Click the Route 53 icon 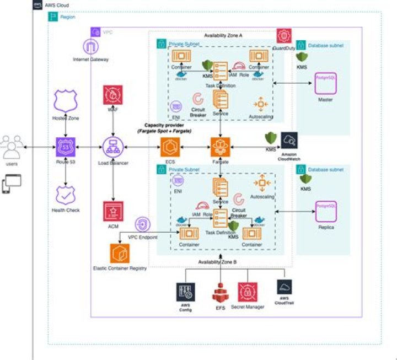click(66, 147)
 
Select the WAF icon click(113, 95)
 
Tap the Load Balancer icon click(113, 147)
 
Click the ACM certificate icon click(113, 211)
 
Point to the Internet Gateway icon click(90, 46)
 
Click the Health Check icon click(66, 195)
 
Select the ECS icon click(170, 147)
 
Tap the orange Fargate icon click(221, 147)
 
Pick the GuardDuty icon click(284, 37)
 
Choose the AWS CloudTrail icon click(285, 287)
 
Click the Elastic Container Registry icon click(120, 254)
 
